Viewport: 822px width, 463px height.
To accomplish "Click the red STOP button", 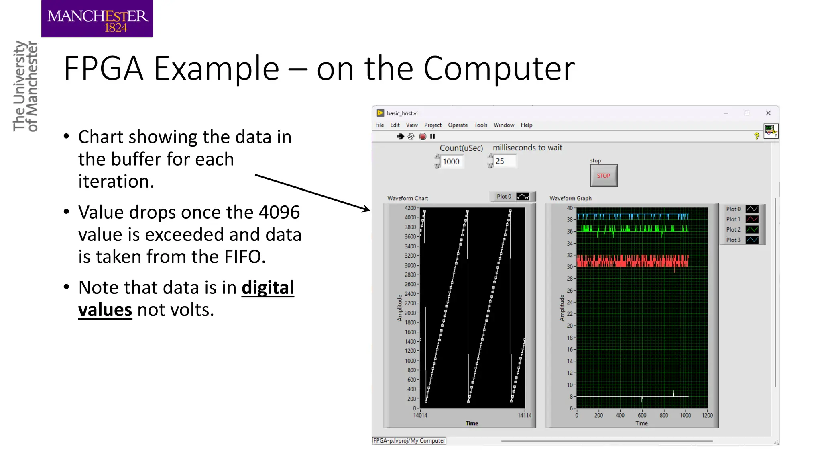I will click(603, 176).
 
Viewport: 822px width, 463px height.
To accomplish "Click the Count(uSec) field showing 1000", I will click(451, 162).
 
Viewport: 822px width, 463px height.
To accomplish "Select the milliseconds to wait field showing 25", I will click(503, 161).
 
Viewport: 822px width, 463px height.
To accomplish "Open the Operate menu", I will click(458, 125).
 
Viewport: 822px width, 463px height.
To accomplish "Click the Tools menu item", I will click(480, 125).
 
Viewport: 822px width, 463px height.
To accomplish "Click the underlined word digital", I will click(268, 288).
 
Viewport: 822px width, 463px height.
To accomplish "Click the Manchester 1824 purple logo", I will click(97, 19).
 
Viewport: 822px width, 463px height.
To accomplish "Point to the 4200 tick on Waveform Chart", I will click(410, 208).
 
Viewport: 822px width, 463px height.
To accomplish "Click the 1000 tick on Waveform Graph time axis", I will click(685, 416).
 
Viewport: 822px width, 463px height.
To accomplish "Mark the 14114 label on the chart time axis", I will click(524, 416).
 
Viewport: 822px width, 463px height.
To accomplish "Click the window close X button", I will click(768, 113).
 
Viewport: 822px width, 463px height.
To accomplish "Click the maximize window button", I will click(747, 113).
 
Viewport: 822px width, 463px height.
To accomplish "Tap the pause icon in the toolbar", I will click(432, 137).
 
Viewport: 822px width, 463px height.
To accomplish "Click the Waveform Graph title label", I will click(570, 198).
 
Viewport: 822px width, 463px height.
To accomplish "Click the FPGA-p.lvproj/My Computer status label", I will click(409, 441).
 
